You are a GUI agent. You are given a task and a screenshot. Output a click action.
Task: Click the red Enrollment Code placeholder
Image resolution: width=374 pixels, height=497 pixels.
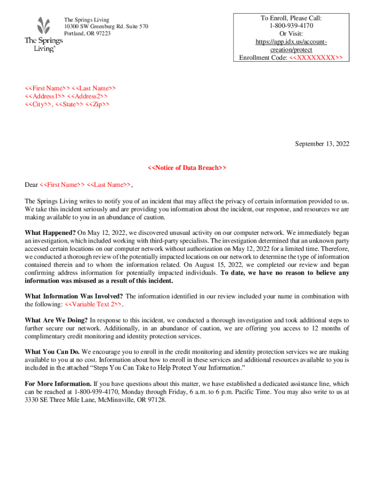pyautogui.click(x=316, y=58)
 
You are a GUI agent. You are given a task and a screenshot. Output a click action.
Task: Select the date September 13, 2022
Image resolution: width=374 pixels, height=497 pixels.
pyautogui.click(x=323, y=144)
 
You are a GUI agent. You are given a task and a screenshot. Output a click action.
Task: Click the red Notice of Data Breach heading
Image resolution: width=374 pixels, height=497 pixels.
pyautogui.click(x=187, y=168)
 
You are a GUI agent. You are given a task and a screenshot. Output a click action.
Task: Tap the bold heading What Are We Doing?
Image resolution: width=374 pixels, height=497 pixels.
pyautogui.click(x=56, y=320)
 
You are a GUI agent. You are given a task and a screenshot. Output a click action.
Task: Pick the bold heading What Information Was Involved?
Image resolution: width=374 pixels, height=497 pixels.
pyautogui.click(x=74, y=297)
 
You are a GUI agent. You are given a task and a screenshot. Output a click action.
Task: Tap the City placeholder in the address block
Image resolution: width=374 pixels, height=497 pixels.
pyautogui.click(x=39, y=104)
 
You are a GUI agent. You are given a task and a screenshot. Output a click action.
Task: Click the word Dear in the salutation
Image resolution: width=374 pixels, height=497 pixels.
pyautogui.click(x=32, y=184)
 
